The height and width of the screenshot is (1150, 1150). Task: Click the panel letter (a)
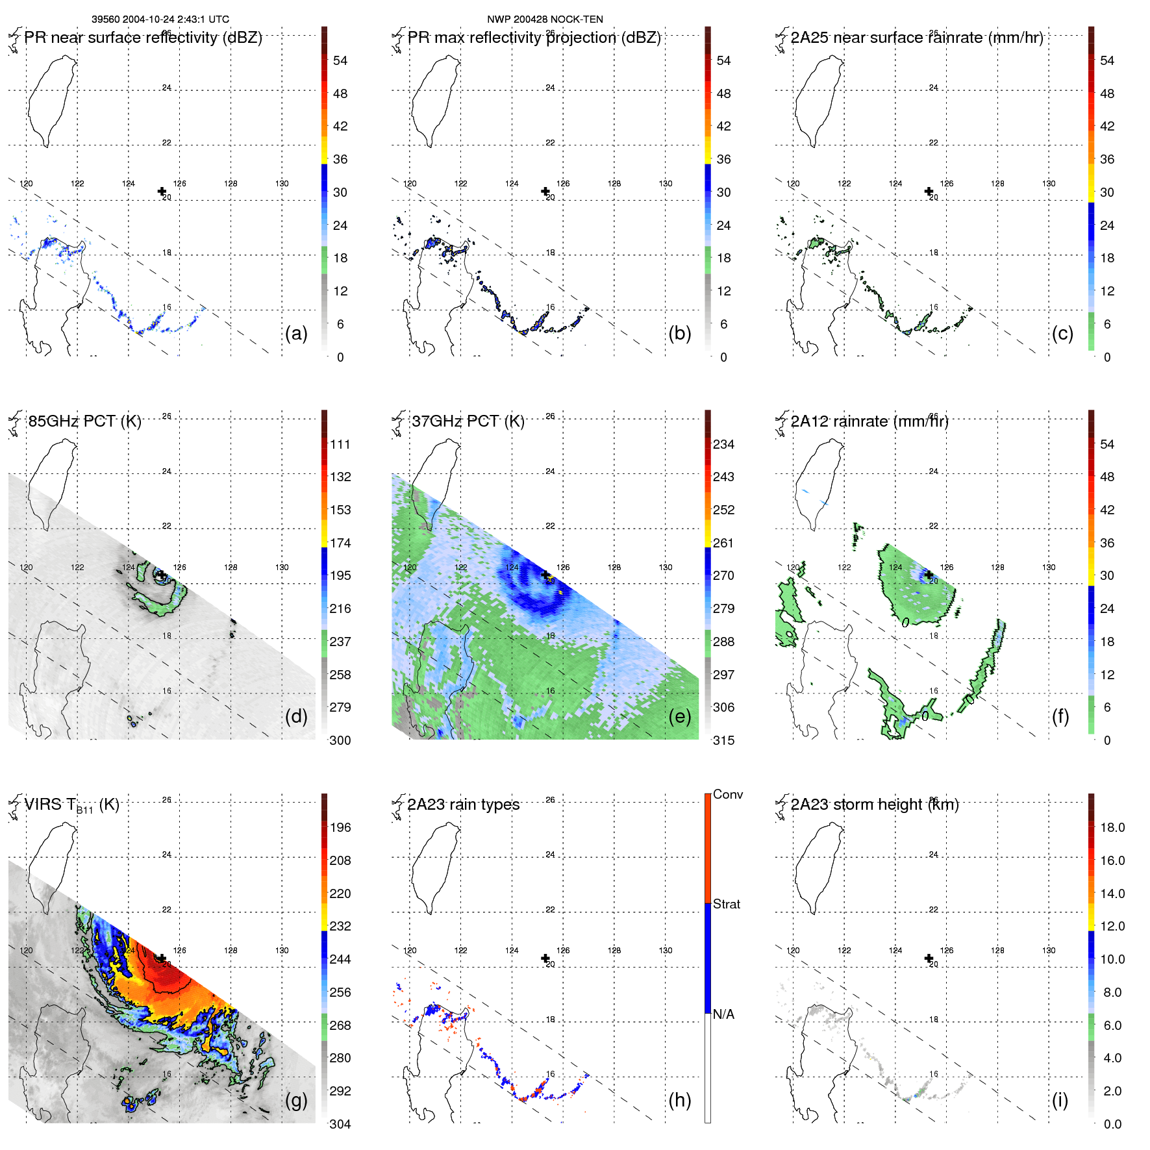click(x=296, y=334)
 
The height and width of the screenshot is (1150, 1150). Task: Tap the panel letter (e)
click(x=679, y=717)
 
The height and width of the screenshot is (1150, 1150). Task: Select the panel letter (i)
click(x=1060, y=1100)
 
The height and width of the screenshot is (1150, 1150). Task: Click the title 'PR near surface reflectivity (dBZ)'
click(x=143, y=38)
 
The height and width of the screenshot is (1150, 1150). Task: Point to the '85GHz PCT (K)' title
click(x=84, y=421)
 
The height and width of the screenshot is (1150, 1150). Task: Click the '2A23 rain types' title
click(x=463, y=805)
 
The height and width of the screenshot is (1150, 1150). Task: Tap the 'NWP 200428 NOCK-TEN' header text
click(x=545, y=19)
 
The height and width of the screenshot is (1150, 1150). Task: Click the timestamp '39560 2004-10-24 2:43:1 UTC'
click(x=160, y=19)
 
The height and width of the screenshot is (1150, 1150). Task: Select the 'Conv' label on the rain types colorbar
click(x=727, y=794)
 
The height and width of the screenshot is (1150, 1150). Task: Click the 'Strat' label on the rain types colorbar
click(x=726, y=904)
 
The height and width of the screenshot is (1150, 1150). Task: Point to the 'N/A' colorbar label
click(x=723, y=1014)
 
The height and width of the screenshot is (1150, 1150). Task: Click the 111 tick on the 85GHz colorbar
click(x=340, y=444)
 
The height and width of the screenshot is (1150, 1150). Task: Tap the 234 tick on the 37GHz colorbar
click(x=723, y=444)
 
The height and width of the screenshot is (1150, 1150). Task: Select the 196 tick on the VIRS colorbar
click(x=340, y=827)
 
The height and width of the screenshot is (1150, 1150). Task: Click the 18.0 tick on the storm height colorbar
click(x=1112, y=827)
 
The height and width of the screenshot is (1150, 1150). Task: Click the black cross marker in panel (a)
click(x=162, y=191)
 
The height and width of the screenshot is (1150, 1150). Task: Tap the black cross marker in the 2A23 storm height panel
click(x=929, y=958)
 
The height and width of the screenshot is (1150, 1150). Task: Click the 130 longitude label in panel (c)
click(x=1049, y=184)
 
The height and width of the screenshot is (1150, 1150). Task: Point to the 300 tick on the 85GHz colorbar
click(x=340, y=740)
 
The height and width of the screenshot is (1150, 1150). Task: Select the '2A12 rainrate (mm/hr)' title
click(x=869, y=421)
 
